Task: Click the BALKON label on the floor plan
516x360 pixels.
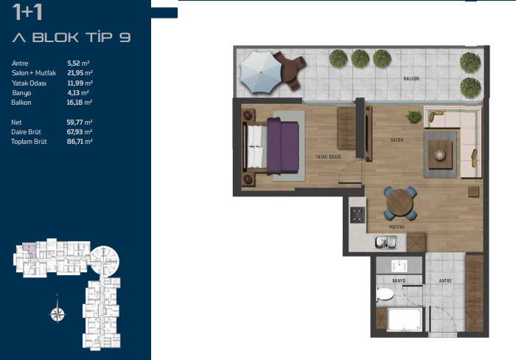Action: click(x=411, y=79)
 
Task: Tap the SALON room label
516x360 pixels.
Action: click(x=397, y=140)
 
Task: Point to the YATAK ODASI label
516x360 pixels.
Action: click(x=328, y=157)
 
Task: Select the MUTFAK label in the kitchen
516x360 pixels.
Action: click(x=397, y=227)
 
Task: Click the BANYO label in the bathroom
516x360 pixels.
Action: click(x=399, y=280)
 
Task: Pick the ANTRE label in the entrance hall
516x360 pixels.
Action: click(x=445, y=280)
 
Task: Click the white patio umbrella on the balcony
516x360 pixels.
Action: click(x=261, y=72)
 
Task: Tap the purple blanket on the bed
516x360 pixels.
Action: click(x=282, y=146)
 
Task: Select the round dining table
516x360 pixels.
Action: click(x=400, y=203)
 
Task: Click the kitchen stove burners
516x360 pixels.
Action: click(x=358, y=215)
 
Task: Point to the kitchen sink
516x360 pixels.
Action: click(x=386, y=243)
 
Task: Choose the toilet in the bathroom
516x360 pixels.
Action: click(x=384, y=294)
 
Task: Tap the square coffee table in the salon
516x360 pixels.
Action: click(x=440, y=154)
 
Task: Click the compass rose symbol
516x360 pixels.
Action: click(x=57, y=314)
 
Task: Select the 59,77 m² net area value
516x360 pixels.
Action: click(x=80, y=122)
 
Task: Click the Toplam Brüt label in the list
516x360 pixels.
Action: click(x=29, y=142)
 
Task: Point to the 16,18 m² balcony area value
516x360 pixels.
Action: click(x=80, y=103)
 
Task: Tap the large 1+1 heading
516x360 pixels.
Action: click(x=27, y=12)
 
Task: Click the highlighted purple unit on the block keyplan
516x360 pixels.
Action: click(x=30, y=249)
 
